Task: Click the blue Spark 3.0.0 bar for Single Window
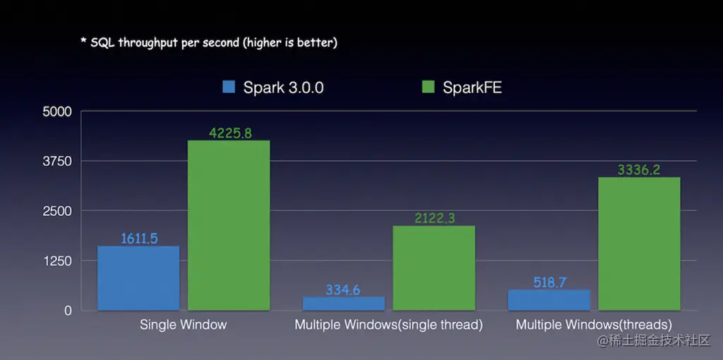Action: [138, 278]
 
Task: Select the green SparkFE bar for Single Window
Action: [229, 225]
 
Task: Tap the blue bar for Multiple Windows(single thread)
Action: [344, 304]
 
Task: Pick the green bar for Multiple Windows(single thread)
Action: [434, 268]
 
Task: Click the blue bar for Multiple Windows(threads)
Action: [549, 300]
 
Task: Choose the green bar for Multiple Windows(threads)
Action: [639, 244]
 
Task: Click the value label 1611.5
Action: [138, 239]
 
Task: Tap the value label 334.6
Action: [344, 289]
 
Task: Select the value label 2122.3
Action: [434, 218]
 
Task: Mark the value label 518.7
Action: [549, 282]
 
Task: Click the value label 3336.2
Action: [639, 169]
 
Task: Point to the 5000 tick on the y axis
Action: [58, 112]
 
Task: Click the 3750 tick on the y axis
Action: [58, 162]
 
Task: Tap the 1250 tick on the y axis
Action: [58, 261]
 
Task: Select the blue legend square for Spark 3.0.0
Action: [229, 88]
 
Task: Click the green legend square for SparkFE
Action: [427, 88]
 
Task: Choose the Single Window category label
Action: [183, 325]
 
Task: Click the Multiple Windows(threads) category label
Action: [594, 325]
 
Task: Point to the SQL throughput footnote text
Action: [208, 42]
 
